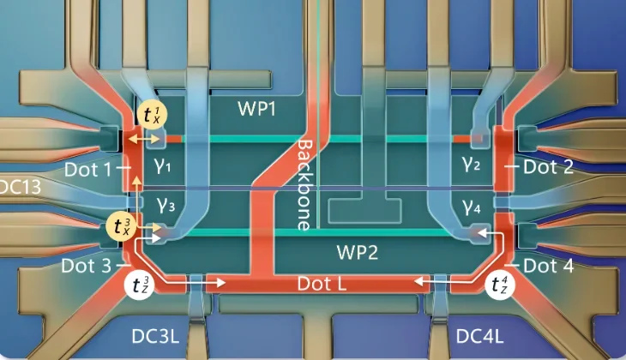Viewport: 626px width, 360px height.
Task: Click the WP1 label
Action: click(256, 109)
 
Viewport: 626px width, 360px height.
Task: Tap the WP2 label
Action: click(357, 252)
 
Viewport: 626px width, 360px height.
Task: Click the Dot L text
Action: click(322, 284)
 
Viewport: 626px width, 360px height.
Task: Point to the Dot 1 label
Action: click(87, 170)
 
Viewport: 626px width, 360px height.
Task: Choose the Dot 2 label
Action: click(548, 167)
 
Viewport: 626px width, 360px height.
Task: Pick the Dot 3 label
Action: click(87, 266)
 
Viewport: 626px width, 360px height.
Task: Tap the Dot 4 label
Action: click(549, 266)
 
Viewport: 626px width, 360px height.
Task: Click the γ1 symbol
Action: click(162, 165)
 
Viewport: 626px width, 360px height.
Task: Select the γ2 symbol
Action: click(471, 163)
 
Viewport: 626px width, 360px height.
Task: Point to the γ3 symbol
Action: click(166, 205)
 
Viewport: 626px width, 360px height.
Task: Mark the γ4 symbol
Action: click(472, 207)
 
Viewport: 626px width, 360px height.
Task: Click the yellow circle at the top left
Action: click(152, 115)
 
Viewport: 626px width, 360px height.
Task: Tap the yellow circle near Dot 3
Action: click(122, 226)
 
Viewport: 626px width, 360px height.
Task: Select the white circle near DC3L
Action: click(139, 285)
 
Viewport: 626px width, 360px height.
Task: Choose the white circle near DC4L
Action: click(499, 285)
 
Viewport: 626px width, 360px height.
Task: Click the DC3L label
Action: click(155, 337)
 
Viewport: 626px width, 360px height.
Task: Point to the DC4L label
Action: click(479, 337)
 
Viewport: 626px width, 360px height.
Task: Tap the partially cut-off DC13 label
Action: click(20, 186)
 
